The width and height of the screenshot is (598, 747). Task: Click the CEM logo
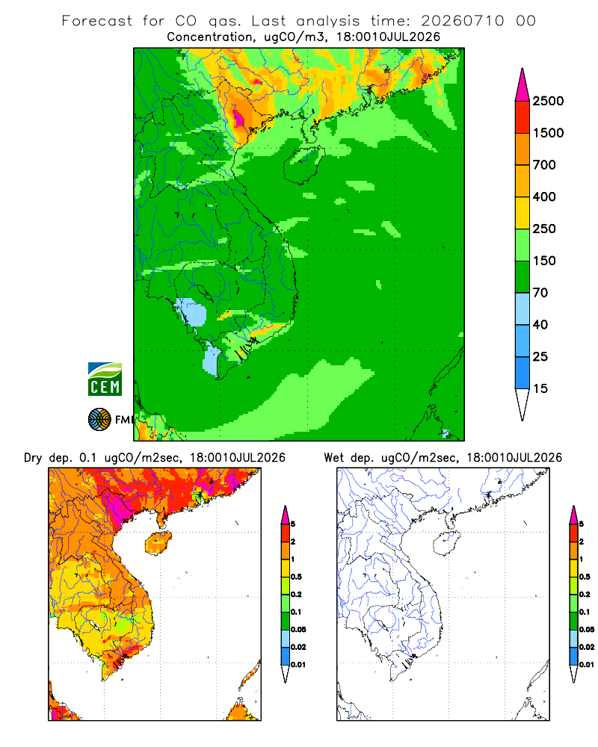click(105, 379)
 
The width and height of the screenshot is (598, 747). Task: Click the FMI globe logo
click(99, 420)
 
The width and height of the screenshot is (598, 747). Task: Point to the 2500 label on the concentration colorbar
click(548, 101)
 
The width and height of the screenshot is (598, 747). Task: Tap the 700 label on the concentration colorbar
click(544, 165)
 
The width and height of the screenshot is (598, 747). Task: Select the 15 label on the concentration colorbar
click(540, 388)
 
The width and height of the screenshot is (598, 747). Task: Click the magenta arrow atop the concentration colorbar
click(523, 85)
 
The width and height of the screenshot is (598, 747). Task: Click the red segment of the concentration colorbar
click(523, 117)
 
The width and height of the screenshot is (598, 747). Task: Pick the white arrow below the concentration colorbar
click(523, 405)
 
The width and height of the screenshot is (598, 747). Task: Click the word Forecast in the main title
click(97, 21)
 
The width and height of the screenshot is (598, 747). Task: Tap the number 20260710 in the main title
click(462, 21)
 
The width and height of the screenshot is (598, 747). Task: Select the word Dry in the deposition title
click(33, 458)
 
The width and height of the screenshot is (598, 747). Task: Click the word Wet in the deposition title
click(333, 458)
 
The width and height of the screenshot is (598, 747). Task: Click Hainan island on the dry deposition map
click(158, 543)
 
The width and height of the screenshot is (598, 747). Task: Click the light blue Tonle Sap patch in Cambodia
click(191, 312)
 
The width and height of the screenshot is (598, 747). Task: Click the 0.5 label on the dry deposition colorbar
click(296, 577)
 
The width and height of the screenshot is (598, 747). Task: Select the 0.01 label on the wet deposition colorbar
click(587, 665)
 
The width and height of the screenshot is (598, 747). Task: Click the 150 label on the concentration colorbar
click(544, 261)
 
